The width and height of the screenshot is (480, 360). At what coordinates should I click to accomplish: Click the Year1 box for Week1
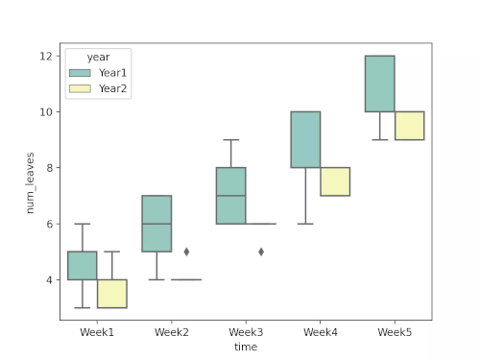83,266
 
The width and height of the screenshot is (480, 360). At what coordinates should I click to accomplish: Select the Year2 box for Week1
112,294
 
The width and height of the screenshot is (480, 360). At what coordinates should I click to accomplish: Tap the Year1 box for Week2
156,224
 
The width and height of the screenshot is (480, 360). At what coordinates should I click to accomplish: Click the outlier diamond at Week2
186,252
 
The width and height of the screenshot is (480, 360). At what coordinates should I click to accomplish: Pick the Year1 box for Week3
230,196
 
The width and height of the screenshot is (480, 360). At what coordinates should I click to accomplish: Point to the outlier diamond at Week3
261,252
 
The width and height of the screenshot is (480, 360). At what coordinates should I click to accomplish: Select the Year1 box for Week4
305,140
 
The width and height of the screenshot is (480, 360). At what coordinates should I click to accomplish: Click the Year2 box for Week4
335,181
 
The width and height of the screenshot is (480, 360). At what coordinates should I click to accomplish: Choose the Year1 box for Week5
379,84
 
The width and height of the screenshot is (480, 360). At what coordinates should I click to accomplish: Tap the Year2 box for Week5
409,126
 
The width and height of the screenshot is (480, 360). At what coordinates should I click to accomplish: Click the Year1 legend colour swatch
81,73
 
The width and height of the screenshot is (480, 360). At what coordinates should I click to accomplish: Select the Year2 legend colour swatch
81,88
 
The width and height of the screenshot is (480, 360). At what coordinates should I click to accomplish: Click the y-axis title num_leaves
31,181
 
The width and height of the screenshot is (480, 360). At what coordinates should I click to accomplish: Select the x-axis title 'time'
246,347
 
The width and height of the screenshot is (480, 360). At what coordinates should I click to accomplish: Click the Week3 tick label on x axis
246,332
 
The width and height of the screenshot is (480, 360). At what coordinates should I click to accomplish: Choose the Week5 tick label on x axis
395,332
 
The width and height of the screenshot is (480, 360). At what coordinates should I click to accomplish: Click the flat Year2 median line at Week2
186,279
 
